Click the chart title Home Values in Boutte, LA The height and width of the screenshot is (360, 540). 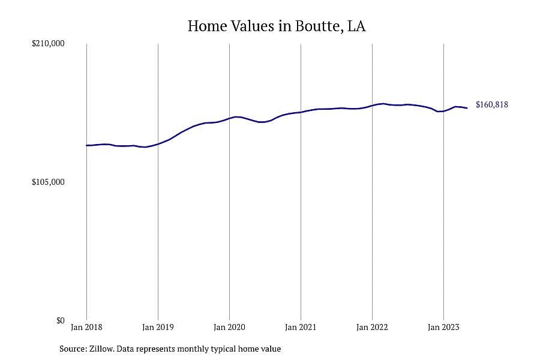277,26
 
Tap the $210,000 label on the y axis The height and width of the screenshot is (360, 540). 48,44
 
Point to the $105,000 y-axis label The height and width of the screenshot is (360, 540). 48,182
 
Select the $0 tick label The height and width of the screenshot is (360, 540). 60,321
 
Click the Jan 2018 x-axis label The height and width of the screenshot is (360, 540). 86,327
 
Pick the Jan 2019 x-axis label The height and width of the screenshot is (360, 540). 158,327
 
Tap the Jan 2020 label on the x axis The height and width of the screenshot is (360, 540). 229,327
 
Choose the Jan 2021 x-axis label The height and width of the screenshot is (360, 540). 301,327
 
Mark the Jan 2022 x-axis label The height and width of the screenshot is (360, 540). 372,327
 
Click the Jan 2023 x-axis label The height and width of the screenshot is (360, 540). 443,327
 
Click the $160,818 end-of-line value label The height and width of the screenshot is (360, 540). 492,105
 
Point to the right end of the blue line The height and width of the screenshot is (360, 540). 467,108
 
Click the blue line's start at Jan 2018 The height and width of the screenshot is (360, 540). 87,145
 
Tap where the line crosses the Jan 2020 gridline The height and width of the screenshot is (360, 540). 229,119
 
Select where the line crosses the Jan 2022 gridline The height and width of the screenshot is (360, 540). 372,106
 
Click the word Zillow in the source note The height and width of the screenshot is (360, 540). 101,349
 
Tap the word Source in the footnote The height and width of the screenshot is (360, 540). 73,349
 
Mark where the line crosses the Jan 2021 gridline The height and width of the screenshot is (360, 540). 301,112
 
